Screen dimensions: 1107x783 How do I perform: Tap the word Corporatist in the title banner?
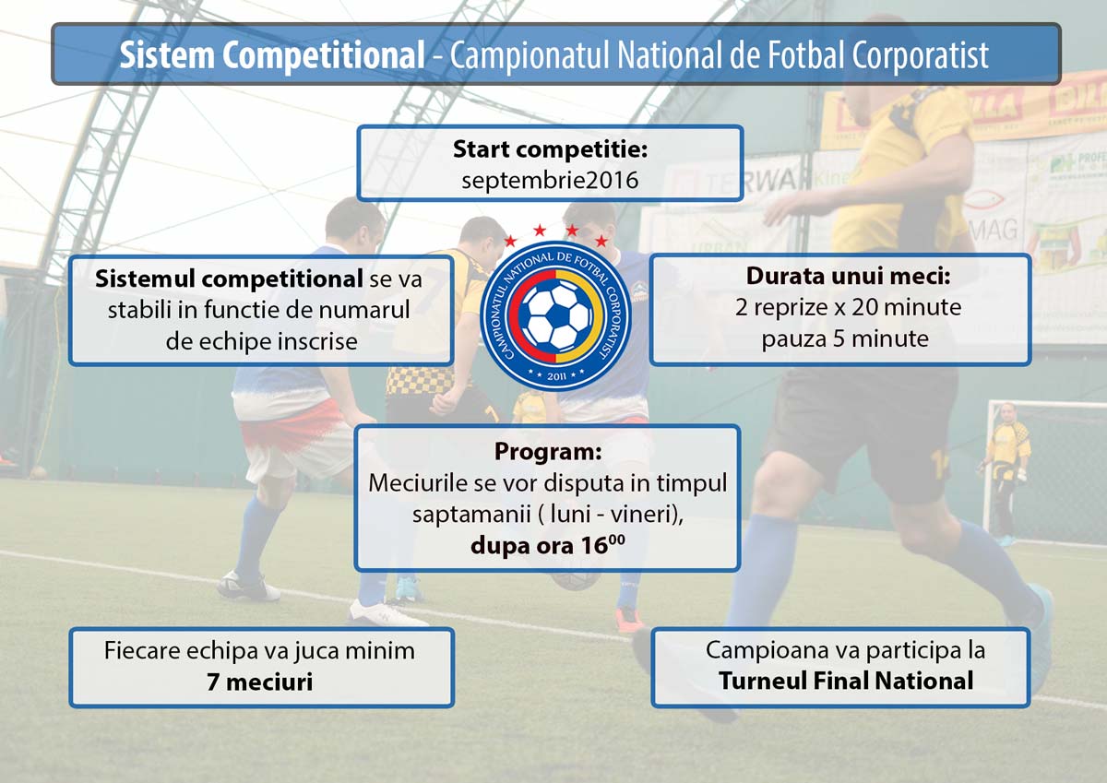point(920,56)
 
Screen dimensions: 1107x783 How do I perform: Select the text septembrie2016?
point(550,181)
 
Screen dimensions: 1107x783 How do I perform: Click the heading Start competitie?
point(550,149)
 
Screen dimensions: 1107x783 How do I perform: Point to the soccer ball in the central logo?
point(556,316)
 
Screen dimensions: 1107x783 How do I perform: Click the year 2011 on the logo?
point(556,376)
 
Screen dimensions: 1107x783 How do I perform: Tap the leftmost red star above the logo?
point(510,241)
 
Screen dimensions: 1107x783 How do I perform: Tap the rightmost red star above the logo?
point(601,241)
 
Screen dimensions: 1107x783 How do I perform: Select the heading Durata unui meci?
point(848,276)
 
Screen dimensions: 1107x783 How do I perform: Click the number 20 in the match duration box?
point(864,307)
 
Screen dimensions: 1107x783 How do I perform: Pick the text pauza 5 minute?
point(845,339)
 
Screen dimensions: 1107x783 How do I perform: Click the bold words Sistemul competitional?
point(229,279)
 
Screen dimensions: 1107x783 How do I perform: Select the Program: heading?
point(548,451)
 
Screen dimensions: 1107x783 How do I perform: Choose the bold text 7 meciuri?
point(260,682)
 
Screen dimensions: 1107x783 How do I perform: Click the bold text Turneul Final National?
point(846,681)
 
